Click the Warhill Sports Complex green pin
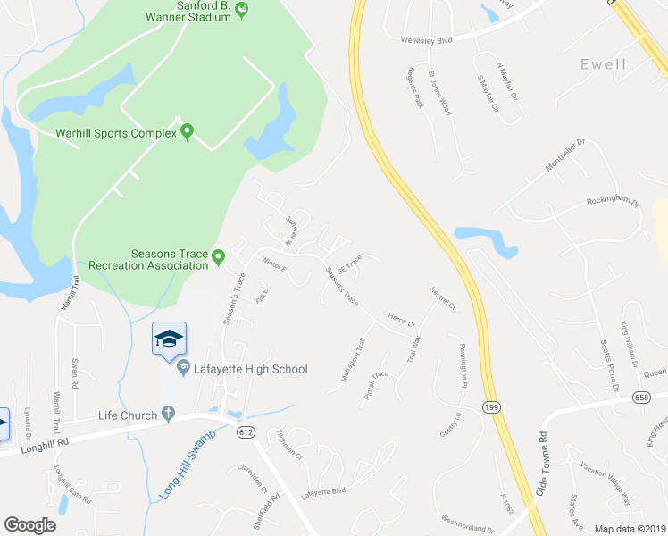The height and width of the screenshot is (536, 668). coord(187,132)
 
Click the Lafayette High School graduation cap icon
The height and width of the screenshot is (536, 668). coord(169,339)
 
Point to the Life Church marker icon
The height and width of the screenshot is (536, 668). coord(167,415)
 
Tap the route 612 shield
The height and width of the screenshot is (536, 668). coord(245,431)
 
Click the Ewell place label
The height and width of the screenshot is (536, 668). coord(602,64)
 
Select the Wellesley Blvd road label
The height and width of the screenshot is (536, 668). coord(425,39)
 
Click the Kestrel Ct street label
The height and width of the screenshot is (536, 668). coord(443,298)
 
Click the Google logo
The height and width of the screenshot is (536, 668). coord(29,525)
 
